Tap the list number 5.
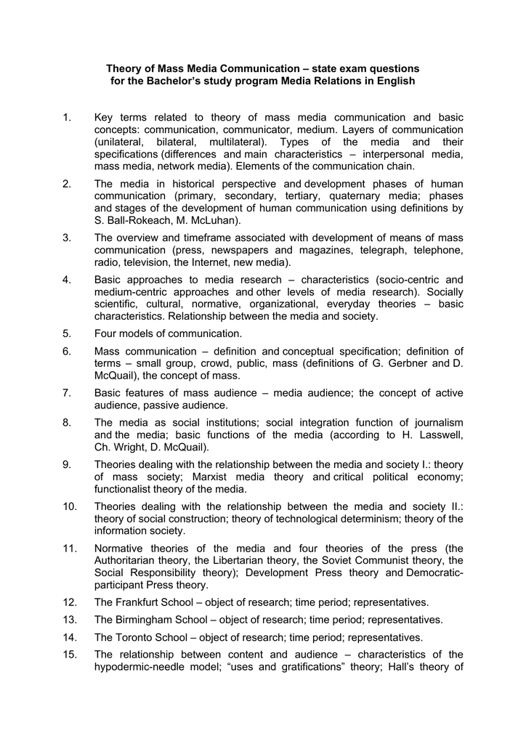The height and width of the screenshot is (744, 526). (66, 333)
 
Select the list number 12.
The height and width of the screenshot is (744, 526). (69, 602)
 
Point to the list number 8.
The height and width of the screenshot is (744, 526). (66, 423)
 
